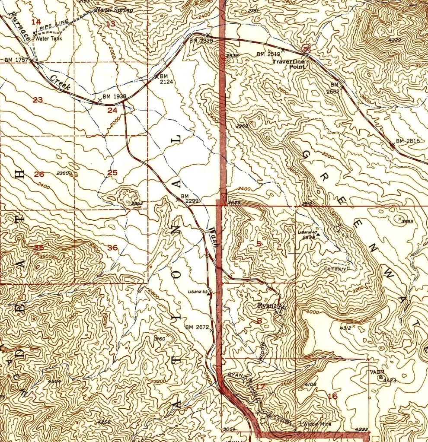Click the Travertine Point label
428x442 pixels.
[x=288, y=64]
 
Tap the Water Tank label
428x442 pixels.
[x=49, y=38]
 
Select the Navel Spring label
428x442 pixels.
[x=115, y=10]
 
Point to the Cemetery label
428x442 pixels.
[x=335, y=268]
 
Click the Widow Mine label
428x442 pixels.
[x=317, y=424]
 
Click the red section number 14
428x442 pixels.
[x=36, y=22]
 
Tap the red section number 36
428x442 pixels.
[x=112, y=248]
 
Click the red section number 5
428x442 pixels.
[x=259, y=244]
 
